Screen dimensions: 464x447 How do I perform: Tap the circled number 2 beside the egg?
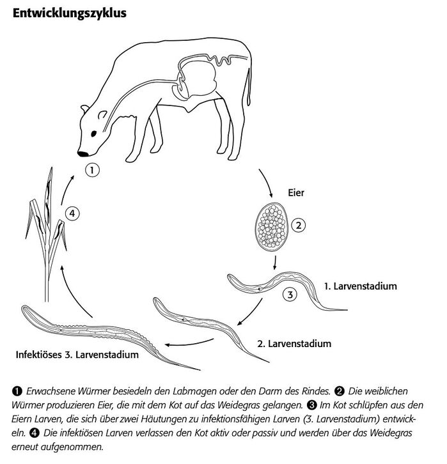pos(299,225)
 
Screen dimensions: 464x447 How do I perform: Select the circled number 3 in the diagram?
pos(289,295)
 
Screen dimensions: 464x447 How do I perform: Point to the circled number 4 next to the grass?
pos(74,213)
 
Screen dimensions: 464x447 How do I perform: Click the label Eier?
pos(297,192)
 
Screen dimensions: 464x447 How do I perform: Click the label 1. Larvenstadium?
pos(360,286)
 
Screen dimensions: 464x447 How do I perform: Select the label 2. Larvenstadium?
pos(294,343)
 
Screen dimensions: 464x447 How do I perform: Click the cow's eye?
pos(95,132)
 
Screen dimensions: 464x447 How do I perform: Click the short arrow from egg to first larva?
pos(274,262)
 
